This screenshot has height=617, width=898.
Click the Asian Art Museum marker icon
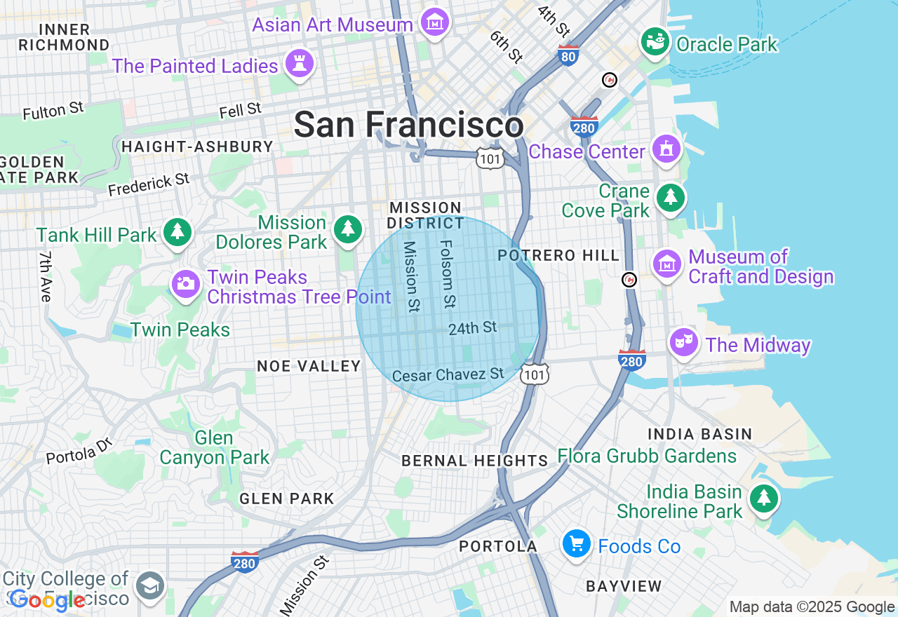(x=435, y=23)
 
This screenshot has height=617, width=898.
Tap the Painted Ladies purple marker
(x=300, y=65)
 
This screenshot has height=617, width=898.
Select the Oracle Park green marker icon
(x=656, y=43)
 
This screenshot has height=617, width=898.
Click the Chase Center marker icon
(x=666, y=149)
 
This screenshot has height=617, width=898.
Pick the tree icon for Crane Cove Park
(x=671, y=198)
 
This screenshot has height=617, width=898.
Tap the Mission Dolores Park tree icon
(x=347, y=229)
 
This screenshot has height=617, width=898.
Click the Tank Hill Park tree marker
(x=177, y=231)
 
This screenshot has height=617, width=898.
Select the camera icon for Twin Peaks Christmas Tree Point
(x=186, y=284)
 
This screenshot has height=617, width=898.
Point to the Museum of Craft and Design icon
(x=667, y=264)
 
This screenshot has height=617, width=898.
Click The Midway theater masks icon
(x=683, y=342)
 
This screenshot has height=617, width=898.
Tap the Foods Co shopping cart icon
(x=576, y=543)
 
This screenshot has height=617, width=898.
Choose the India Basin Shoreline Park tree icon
(x=763, y=499)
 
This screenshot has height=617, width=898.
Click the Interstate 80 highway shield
(x=568, y=55)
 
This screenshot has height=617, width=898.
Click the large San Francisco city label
(x=408, y=126)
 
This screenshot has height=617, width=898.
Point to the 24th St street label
(x=473, y=327)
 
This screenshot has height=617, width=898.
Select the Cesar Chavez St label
(x=448, y=375)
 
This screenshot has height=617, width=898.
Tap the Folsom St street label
(x=447, y=274)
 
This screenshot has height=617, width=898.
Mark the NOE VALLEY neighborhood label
(x=309, y=366)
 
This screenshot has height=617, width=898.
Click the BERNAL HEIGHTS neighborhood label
(x=475, y=461)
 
